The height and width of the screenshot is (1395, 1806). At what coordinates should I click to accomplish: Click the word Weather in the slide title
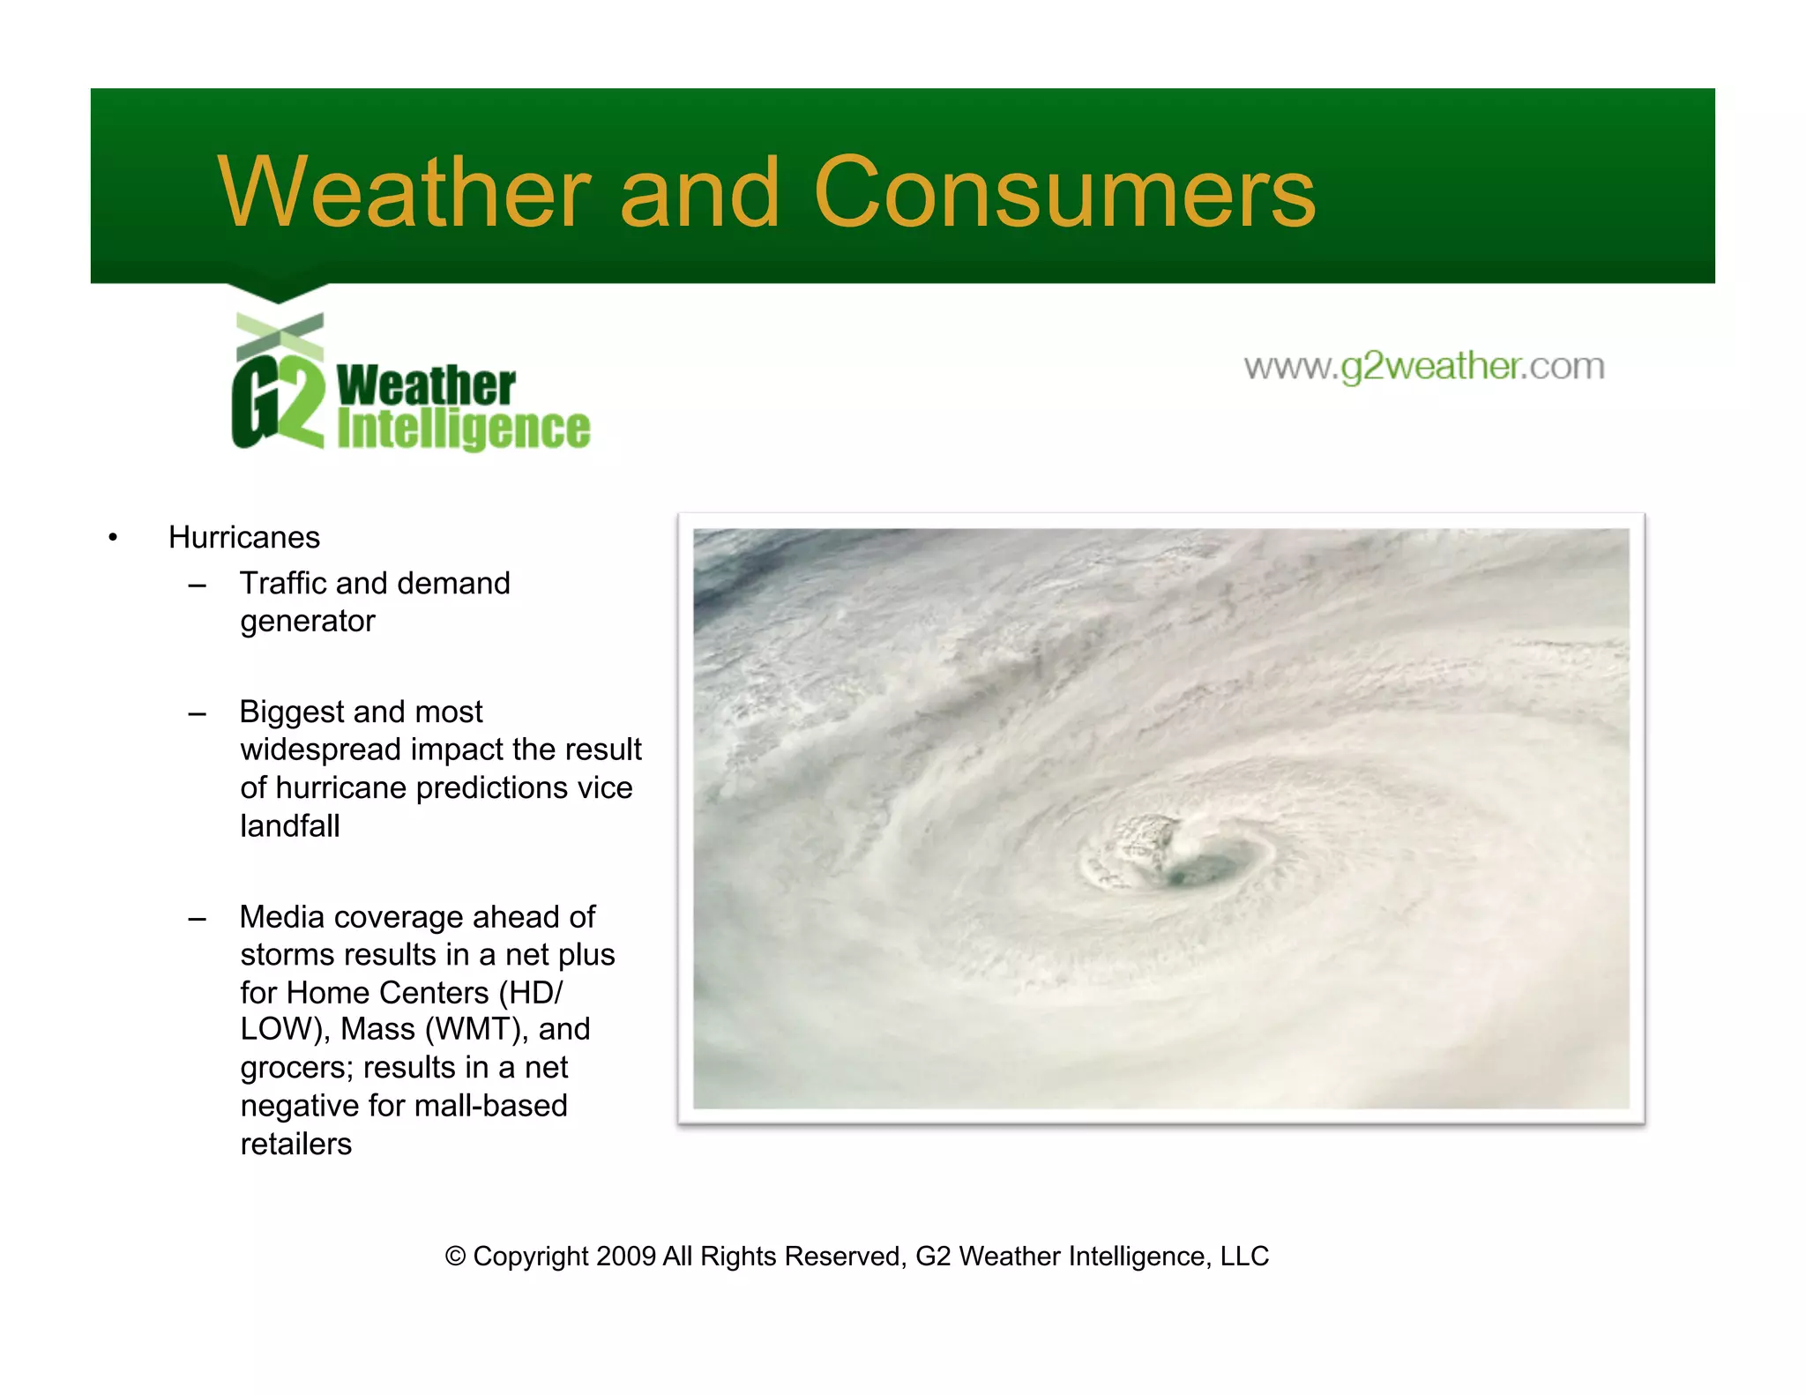point(405,192)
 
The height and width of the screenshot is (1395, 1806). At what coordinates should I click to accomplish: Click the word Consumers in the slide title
point(1064,192)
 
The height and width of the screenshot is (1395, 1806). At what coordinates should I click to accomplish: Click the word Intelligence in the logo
point(463,429)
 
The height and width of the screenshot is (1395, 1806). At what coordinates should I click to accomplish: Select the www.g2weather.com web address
point(1423,366)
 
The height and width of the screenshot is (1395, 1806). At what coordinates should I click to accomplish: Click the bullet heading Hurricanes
point(243,537)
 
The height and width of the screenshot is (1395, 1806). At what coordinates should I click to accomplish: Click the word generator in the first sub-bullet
point(307,622)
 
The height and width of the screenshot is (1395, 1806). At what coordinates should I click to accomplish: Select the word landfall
point(289,826)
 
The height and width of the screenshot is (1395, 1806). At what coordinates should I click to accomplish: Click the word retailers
point(295,1145)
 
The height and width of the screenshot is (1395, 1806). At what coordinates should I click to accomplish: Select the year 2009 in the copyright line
point(625,1257)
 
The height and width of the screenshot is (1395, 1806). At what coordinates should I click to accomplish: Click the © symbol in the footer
point(455,1257)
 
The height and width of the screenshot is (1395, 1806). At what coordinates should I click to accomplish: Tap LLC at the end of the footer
point(1243,1257)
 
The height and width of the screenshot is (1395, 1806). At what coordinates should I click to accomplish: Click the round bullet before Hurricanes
point(113,538)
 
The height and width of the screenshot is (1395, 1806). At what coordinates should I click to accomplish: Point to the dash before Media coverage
point(198,919)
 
